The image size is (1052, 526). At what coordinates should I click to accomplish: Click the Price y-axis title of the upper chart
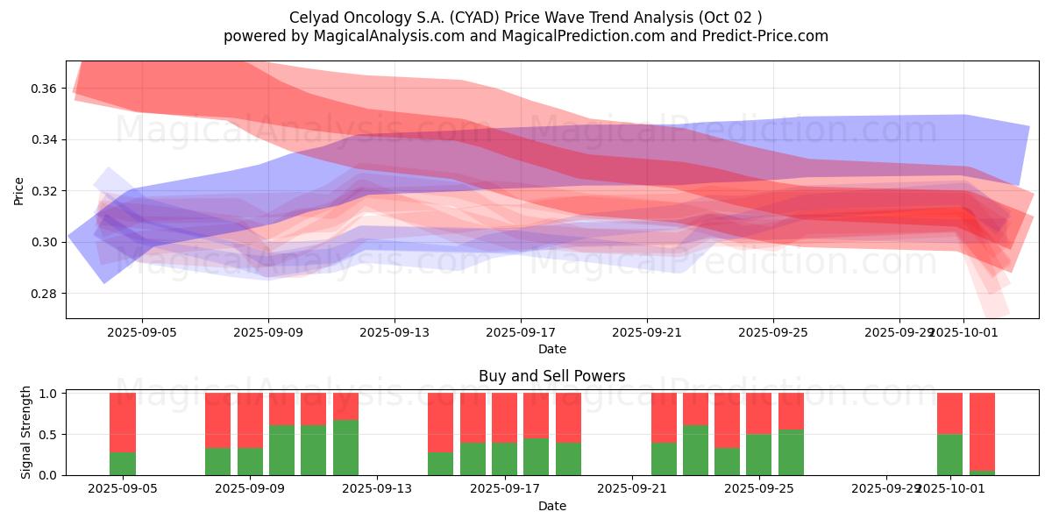pyautogui.click(x=18, y=190)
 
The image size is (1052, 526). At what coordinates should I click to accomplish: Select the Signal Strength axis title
pyautogui.click(x=26, y=432)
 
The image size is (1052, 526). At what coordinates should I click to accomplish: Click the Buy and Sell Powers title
pyautogui.click(x=551, y=376)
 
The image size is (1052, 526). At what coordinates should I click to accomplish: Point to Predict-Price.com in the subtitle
pyautogui.click(x=762, y=36)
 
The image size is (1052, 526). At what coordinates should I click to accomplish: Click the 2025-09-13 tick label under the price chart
pyautogui.click(x=394, y=332)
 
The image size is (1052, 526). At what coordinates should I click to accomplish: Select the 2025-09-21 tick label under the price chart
pyautogui.click(x=647, y=332)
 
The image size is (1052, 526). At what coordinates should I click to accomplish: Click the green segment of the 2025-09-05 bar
pyautogui.click(x=123, y=464)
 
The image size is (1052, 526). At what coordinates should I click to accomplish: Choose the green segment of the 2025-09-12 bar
pyautogui.click(x=345, y=447)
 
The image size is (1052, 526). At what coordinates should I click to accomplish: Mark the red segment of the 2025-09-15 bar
pyautogui.click(x=441, y=423)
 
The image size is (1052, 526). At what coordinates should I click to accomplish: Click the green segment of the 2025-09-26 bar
pyautogui.click(x=791, y=452)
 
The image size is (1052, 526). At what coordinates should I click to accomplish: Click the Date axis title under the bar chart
pyautogui.click(x=551, y=506)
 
